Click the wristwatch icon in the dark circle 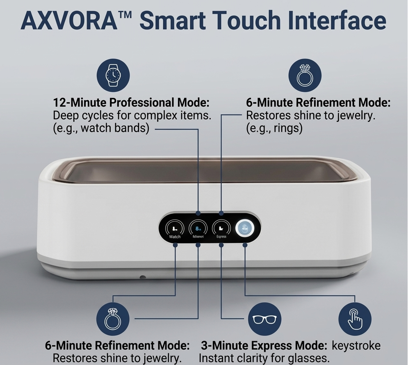point(113,75)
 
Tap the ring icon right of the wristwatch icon point(305,75)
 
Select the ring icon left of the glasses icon point(113,319)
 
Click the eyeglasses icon point(265,319)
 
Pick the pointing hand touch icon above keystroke point(355,319)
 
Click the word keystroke point(356,345)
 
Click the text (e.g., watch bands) point(101,128)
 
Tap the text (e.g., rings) point(274,128)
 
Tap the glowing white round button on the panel point(245,228)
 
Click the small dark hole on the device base point(142,278)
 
